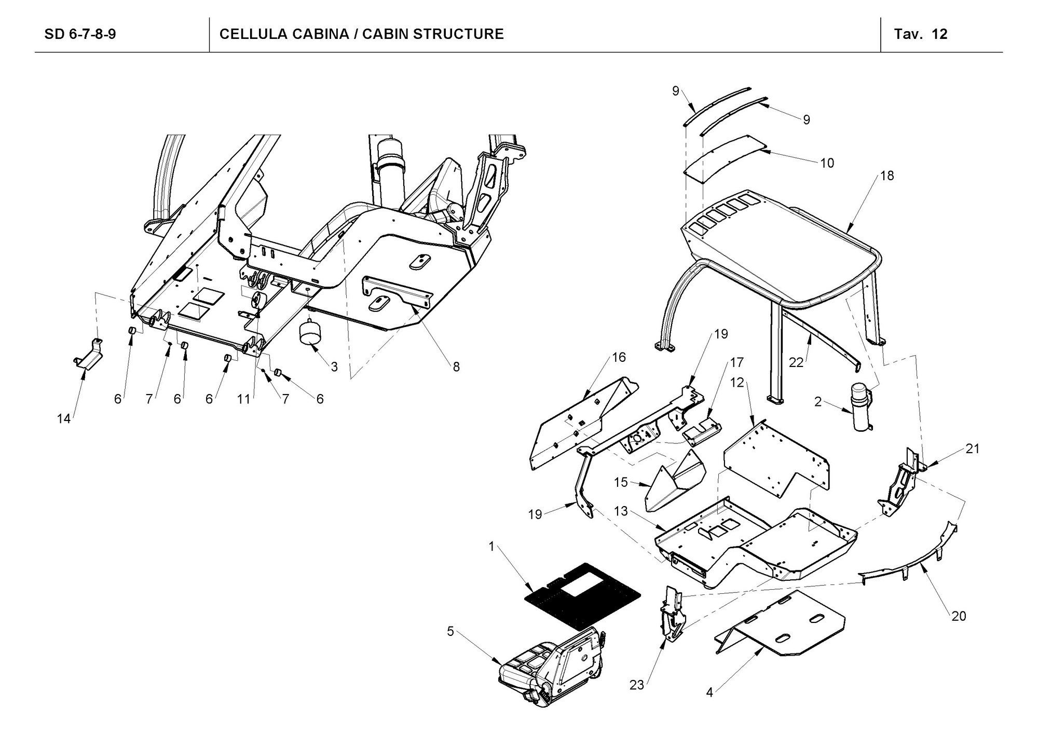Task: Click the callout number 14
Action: [63, 419]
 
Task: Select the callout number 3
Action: [334, 367]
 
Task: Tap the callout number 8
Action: [456, 367]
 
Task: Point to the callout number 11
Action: [243, 399]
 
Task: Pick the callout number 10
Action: [827, 163]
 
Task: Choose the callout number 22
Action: [796, 362]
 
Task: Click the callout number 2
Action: [817, 402]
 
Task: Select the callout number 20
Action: [959, 616]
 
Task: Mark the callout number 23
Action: [636, 685]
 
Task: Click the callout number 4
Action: [709, 693]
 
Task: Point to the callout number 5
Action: [450, 631]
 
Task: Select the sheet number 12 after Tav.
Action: [939, 34]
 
